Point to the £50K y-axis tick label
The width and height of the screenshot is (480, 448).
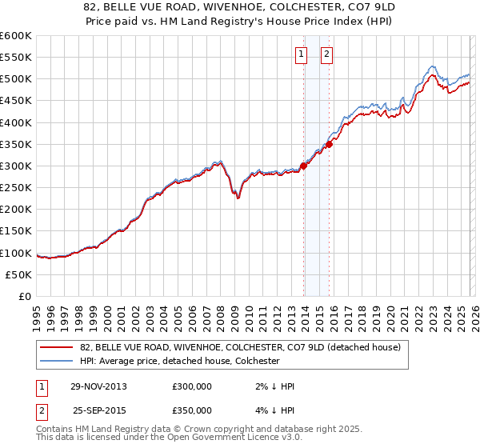18,274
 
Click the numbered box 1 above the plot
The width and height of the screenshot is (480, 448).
302,54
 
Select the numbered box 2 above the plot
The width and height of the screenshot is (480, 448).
328,54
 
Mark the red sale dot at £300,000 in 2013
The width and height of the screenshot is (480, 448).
304,166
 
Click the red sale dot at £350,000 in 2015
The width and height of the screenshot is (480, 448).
330,144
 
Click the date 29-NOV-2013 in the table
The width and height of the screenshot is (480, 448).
98,386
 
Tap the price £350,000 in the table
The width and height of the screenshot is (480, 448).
192,410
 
